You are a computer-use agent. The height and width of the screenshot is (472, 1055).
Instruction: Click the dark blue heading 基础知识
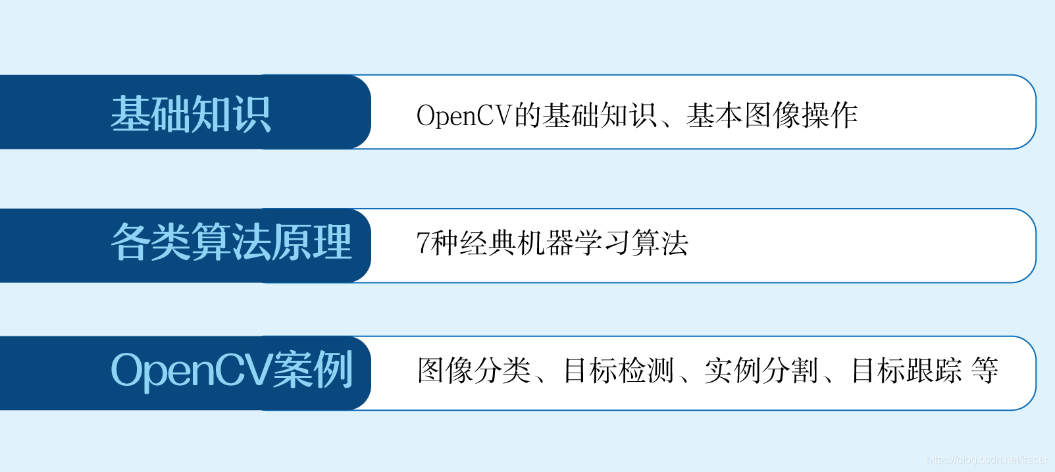tap(191, 113)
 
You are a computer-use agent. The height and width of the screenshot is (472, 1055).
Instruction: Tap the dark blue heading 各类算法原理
tap(231, 242)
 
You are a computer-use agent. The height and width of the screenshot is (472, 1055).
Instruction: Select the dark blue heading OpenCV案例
tap(232, 370)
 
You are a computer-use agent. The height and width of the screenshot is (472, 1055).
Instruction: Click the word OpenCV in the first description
tap(465, 115)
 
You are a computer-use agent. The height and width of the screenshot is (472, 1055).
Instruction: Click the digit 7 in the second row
tap(423, 243)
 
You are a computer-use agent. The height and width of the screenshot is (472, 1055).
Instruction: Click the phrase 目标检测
tap(619, 370)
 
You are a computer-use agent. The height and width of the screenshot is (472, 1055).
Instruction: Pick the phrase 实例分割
tap(761, 370)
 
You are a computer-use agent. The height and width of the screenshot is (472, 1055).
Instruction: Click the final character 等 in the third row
tap(985, 370)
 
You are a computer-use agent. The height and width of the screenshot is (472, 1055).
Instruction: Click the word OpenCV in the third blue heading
tap(192, 371)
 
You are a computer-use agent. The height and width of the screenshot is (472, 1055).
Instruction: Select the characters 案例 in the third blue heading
tap(313, 370)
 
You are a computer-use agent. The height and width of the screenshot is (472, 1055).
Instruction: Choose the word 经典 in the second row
tap(488, 243)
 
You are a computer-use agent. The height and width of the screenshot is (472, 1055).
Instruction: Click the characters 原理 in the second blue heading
tap(312, 242)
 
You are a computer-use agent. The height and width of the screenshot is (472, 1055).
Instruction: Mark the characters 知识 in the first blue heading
tap(231, 113)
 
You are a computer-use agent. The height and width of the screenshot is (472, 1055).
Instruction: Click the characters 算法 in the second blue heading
tap(231, 242)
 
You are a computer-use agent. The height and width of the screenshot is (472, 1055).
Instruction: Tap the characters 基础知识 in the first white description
tap(600, 115)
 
